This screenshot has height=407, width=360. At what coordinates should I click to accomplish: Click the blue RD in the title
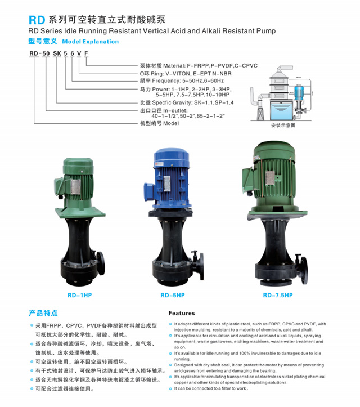(x=37, y=20)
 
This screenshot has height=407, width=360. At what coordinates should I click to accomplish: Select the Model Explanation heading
(x=90, y=42)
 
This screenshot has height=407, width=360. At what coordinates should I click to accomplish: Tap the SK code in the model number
(x=57, y=53)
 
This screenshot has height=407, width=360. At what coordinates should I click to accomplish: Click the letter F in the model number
(x=86, y=53)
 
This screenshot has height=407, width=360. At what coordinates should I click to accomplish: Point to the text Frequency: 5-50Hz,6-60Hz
(x=188, y=80)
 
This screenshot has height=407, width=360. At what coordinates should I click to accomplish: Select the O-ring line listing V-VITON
(x=186, y=73)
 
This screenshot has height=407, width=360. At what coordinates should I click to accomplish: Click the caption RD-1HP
(x=80, y=295)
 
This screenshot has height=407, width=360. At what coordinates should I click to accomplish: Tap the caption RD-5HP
(x=173, y=295)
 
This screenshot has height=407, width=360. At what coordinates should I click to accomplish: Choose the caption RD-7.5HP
(x=278, y=295)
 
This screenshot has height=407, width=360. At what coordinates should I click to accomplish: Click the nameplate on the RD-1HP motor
(x=75, y=186)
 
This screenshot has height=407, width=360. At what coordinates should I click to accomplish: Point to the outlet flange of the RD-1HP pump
(x=101, y=263)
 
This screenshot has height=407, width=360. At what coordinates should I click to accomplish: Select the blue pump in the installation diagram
(x=299, y=93)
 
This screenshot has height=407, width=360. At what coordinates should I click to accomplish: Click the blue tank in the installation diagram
(x=282, y=110)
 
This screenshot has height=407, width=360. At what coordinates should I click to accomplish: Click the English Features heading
(x=182, y=313)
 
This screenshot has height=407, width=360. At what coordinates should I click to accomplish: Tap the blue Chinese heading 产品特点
(x=43, y=313)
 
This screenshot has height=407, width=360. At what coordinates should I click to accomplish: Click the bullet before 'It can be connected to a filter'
(x=170, y=388)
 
